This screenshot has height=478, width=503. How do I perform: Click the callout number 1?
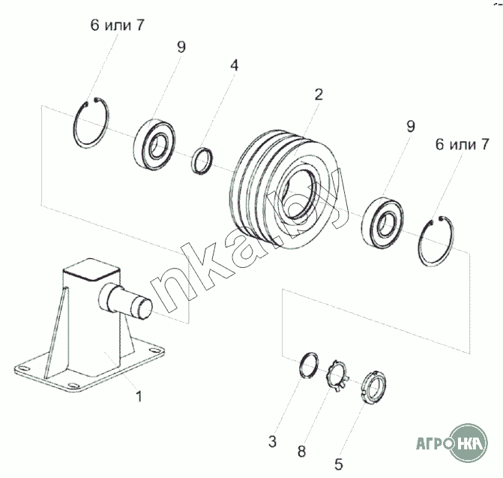[139, 396]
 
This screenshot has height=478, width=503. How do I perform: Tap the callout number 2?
[319, 95]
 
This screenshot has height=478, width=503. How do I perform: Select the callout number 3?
[272, 442]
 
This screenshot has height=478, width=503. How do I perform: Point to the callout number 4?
[235, 65]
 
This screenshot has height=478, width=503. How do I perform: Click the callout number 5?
[339, 464]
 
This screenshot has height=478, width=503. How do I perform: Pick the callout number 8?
[301, 451]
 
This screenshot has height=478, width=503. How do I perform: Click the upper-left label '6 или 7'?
[117, 25]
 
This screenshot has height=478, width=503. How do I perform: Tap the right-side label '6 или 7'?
[463, 145]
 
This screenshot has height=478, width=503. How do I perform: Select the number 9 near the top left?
[181, 47]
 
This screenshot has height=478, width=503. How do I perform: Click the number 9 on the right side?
[411, 127]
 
